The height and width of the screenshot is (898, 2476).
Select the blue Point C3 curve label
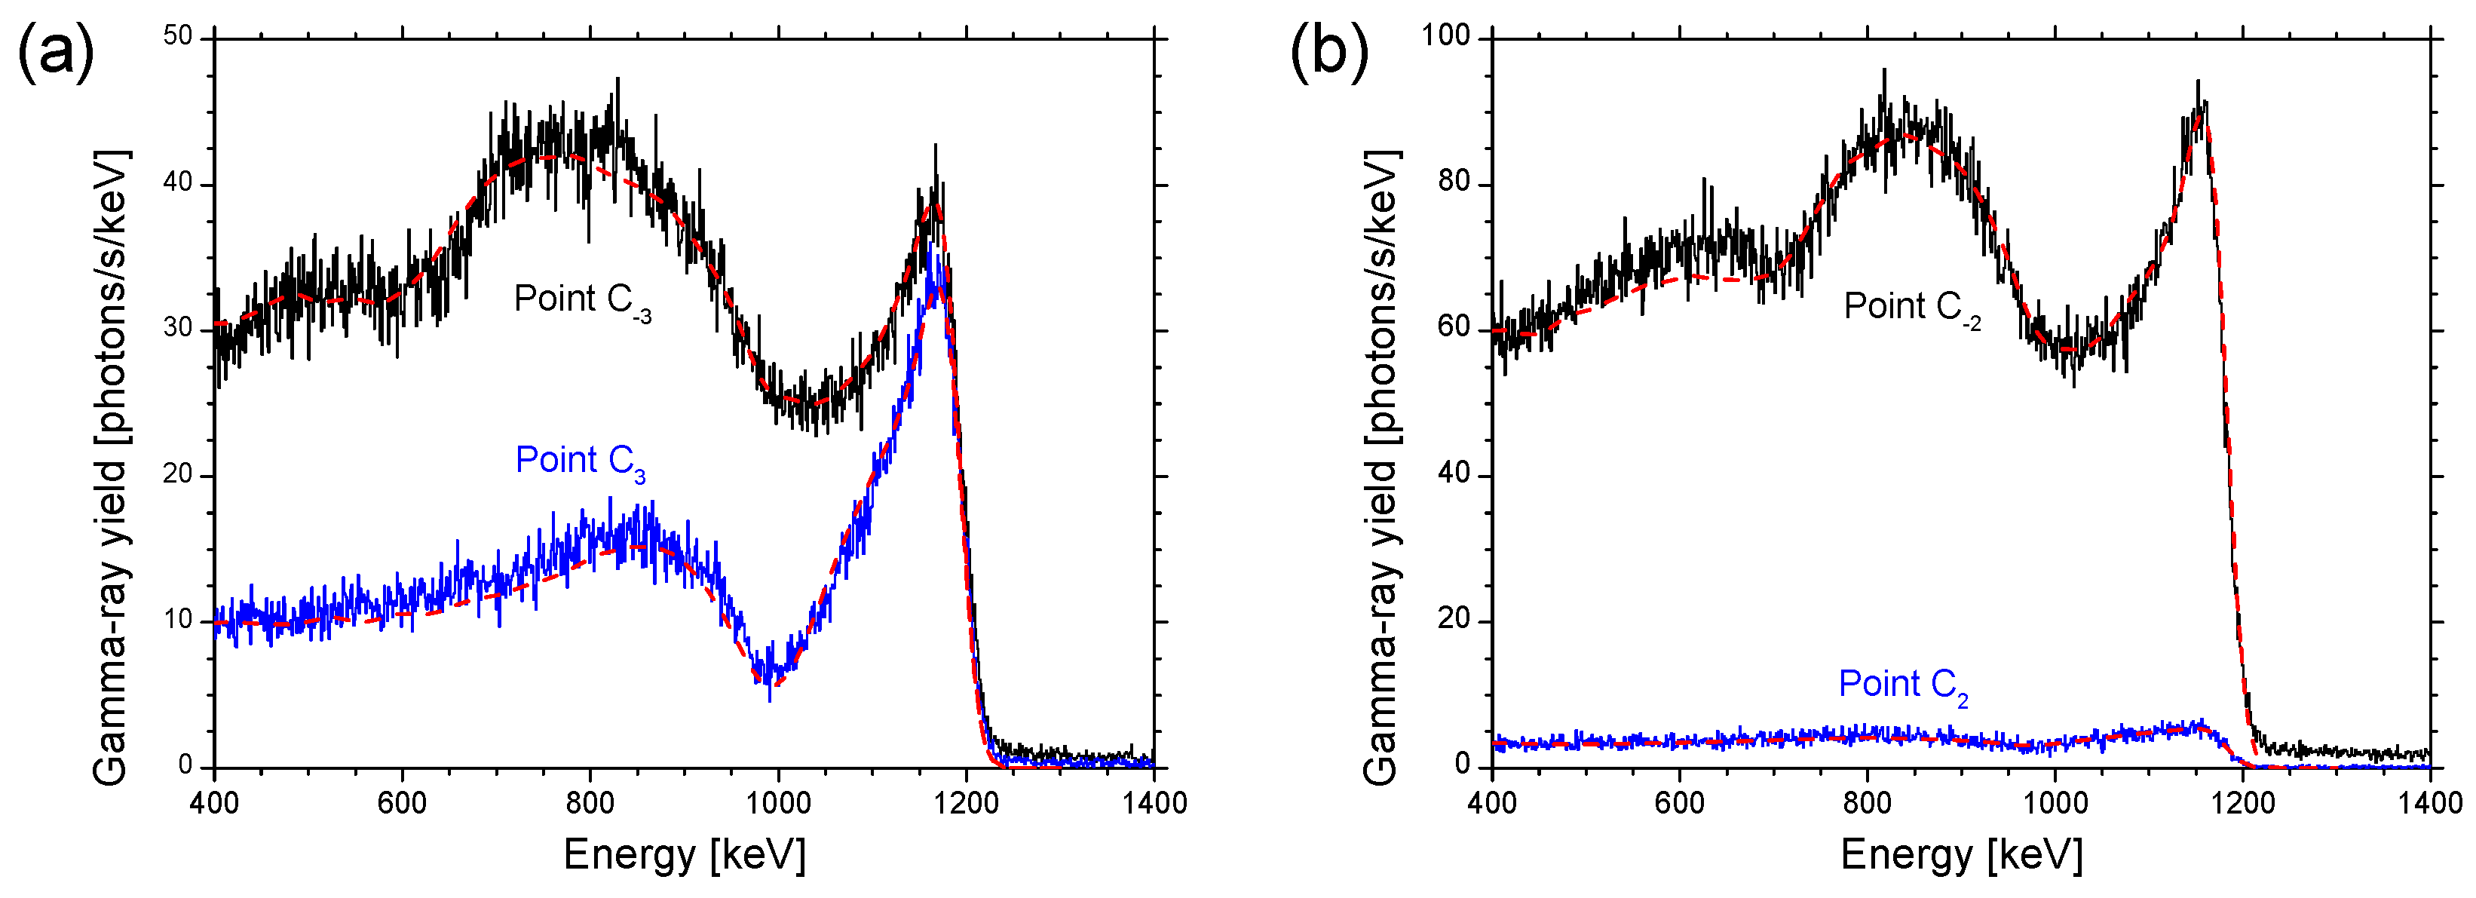coord(581,461)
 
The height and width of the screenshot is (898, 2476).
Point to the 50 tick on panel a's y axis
coord(178,36)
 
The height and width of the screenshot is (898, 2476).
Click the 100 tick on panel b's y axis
coord(1447,36)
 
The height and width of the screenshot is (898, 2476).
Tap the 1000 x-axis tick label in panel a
coord(777,803)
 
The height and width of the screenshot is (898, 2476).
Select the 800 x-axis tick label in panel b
coord(1867,803)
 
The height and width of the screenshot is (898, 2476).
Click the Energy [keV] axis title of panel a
coord(685,854)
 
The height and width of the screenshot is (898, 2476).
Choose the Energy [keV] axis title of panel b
coord(1961,854)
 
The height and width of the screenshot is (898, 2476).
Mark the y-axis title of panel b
coord(1380,467)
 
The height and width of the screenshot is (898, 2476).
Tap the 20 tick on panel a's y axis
coord(178,475)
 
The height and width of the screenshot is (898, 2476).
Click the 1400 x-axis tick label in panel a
coord(1154,803)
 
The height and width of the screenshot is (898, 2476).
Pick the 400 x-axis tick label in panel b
coord(1492,803)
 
